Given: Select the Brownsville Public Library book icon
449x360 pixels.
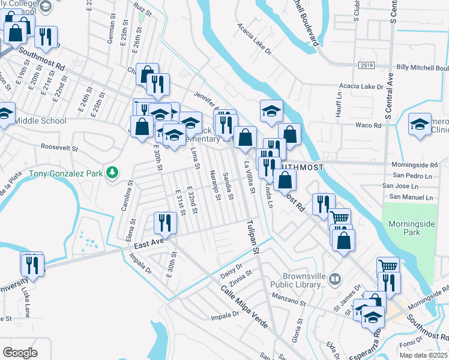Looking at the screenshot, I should (x=335, y=278).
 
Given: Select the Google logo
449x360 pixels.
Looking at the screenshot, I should (x=20, y=353).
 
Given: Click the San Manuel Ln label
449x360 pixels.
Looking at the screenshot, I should (x=411, y=197).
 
